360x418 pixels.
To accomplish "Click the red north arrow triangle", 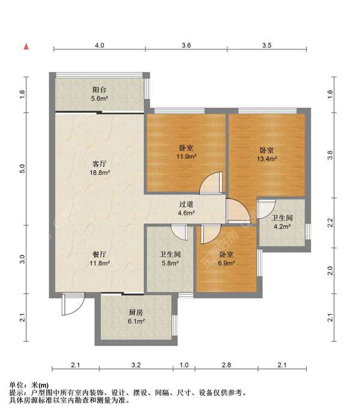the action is [26, 47].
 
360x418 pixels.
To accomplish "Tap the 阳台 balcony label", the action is [99, 90].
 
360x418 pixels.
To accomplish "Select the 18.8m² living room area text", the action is [100, 173].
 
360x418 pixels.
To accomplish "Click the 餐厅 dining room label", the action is [100, 254].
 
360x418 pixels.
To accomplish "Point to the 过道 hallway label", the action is [186, 205].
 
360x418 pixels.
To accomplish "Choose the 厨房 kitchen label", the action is [136, 312].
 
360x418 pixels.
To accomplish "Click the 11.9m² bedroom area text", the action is [187, 157].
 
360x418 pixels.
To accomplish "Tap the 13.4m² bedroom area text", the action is [267, 159].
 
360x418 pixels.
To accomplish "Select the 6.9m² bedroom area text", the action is [226, 263].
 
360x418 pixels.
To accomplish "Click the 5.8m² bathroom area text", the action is [170, 263].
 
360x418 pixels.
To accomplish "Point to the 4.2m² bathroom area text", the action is [282, 227].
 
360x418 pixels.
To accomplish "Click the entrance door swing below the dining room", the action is [73, 304].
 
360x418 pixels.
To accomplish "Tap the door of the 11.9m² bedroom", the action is [211, 182].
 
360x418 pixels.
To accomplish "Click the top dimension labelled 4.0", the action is [100, 46].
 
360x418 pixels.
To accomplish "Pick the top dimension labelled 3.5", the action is [266, 46].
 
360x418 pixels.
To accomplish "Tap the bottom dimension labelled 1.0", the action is [184, 365].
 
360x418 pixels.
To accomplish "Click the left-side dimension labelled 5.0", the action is [22, 169].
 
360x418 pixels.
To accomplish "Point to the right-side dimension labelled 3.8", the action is [330, 155].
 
